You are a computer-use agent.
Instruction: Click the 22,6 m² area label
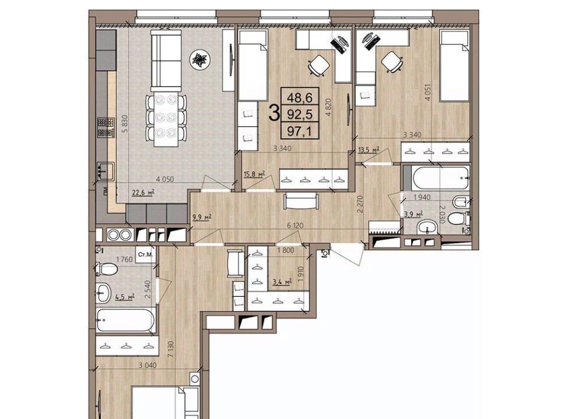(x=143, y=192)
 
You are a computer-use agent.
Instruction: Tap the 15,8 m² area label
(x=254, y=175)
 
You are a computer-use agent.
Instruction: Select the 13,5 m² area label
(x=369, y=149)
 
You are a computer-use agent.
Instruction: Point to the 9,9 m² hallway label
(x=202, y=217)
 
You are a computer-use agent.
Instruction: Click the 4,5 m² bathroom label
(x=125, y=297)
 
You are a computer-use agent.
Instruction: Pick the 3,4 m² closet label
(x=282, y=281)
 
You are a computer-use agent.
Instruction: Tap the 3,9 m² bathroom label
(x=413, y=214)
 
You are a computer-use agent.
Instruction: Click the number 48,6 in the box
(x=300, y=97)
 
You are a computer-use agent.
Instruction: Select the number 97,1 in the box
(x=300, y=131)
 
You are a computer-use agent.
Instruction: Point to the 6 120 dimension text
(x=295, y=225)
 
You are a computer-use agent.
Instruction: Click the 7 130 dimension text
(x=171, y=349)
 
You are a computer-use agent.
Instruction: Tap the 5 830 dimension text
(x=125, y=125)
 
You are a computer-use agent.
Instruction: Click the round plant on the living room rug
(x=200, y=59)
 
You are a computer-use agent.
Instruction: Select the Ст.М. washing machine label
(x=145, y=254)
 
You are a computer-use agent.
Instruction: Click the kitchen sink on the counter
(x=106, y=171)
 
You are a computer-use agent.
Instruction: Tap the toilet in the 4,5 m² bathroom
(x=107, y=269)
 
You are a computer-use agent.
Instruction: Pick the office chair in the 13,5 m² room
(x=392, y=62)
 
